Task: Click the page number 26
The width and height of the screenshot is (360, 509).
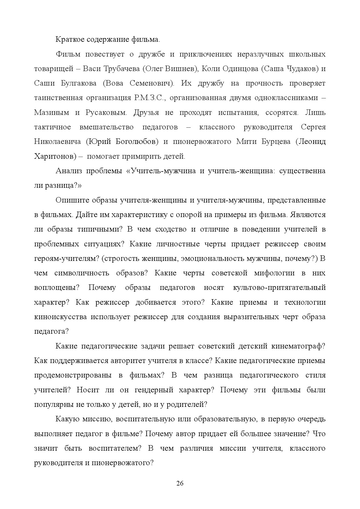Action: click(180, 483)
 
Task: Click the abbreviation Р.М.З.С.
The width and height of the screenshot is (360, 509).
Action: click(150, 98)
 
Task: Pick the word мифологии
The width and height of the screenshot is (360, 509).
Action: click(274, 273)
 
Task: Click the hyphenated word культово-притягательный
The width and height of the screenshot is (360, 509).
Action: click(279, 288)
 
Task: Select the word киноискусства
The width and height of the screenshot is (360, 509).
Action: click(60, 317)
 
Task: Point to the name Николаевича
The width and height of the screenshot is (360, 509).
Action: click(57, 142)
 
